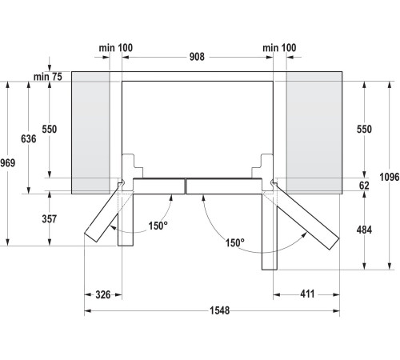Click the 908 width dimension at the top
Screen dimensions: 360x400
(198, 57)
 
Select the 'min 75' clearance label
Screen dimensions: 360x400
(47, 76)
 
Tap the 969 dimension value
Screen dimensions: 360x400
(7, 163)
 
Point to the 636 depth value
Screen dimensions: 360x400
(29, 138)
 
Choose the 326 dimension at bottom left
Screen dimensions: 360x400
(102, 295)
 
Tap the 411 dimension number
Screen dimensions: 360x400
(306, 295)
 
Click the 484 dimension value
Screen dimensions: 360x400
(364, 230)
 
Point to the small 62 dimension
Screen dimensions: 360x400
(364, 185)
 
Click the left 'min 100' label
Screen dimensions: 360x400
(116, 49)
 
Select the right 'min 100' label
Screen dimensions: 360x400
(279, 49)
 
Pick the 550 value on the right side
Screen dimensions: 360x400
(364, 129)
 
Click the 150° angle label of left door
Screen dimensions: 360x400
(158, 226)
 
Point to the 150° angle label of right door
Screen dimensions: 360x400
(234, 242)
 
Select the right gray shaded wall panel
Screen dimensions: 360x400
(313, 132)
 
